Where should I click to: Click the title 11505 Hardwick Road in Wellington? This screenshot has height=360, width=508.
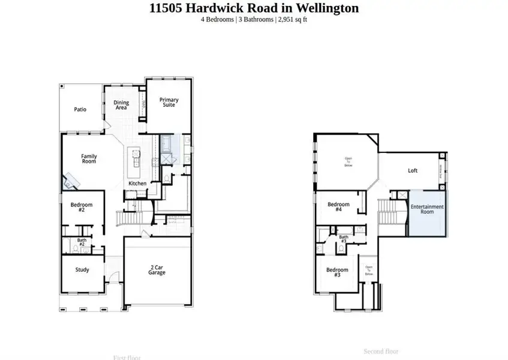pyautogui.click(x=254, y=8)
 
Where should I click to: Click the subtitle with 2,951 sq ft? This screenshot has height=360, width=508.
pyautogui.click(x=254, y=20)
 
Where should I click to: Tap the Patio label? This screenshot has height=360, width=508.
pyautogui.click(x=80, y=110)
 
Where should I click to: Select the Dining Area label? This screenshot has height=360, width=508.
pyautogui.click(x=121, y=106)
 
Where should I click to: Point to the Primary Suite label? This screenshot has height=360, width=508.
pyautogui.click(x=169, y=103)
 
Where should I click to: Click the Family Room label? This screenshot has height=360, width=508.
pyautogui.click(x=89, y=160)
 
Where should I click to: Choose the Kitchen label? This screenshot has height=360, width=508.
pyautogui.click(x=137, y=183)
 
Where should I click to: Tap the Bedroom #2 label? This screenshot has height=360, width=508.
pyautogui.click(x=81, y=207)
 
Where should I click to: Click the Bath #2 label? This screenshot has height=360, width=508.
pyautogui.click(x=82, y=242)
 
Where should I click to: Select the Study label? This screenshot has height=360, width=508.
pyautogui.click(x=82, y=270)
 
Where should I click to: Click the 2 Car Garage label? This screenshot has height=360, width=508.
pyautogui.click(x=157, y=270)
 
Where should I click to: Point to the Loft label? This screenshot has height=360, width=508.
pyautogui.click(x=413, y=171)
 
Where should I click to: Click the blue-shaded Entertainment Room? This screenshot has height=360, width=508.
pyautogui.click(x=427, y=214)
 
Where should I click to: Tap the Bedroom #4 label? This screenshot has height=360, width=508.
pyautogui.click(x=338, y=207)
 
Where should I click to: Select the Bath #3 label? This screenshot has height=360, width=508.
pyautogui.click(x=344, y=239)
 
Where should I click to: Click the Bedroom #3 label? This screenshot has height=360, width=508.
pyautogui.click(x=337, y=272)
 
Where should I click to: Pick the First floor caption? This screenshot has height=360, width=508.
pyautogui.click(x=127, y=357)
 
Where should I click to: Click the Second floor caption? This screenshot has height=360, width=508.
pyautogui.click(x=381, y=351)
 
